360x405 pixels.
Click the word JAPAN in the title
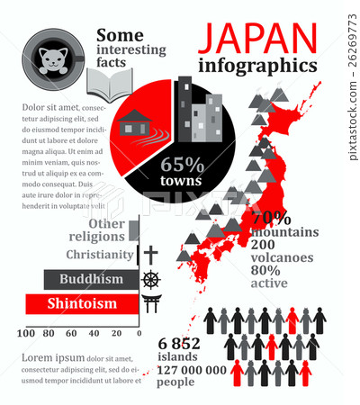pos(256,38)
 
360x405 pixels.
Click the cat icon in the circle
pos(53,59)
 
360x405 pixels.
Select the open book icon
pos(109,88)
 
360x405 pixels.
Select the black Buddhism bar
pos(92,280)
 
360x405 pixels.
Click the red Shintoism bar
pos(82,303)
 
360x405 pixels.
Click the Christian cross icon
pos(150,255)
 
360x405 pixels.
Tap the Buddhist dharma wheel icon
pos(150,279)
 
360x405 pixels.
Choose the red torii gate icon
pos(151,302)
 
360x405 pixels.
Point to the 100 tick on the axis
pos(25,333)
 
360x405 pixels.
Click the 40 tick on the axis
pos(93,333)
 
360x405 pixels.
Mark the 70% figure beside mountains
pos(270,218)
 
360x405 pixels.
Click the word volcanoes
pos(282,256)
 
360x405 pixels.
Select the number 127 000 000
pos(192,368)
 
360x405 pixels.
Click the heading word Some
pos(120,34)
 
